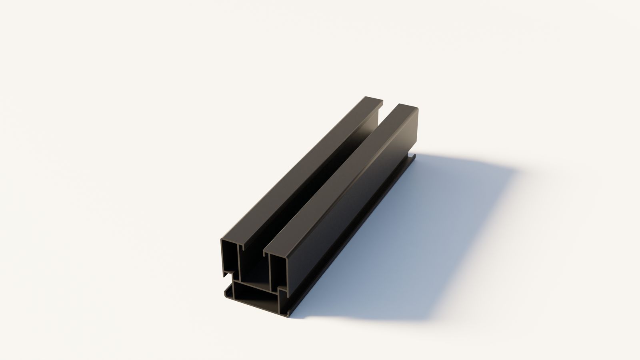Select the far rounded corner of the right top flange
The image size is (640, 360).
pos(416,109)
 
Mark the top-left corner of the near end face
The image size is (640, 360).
pos(222,240)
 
